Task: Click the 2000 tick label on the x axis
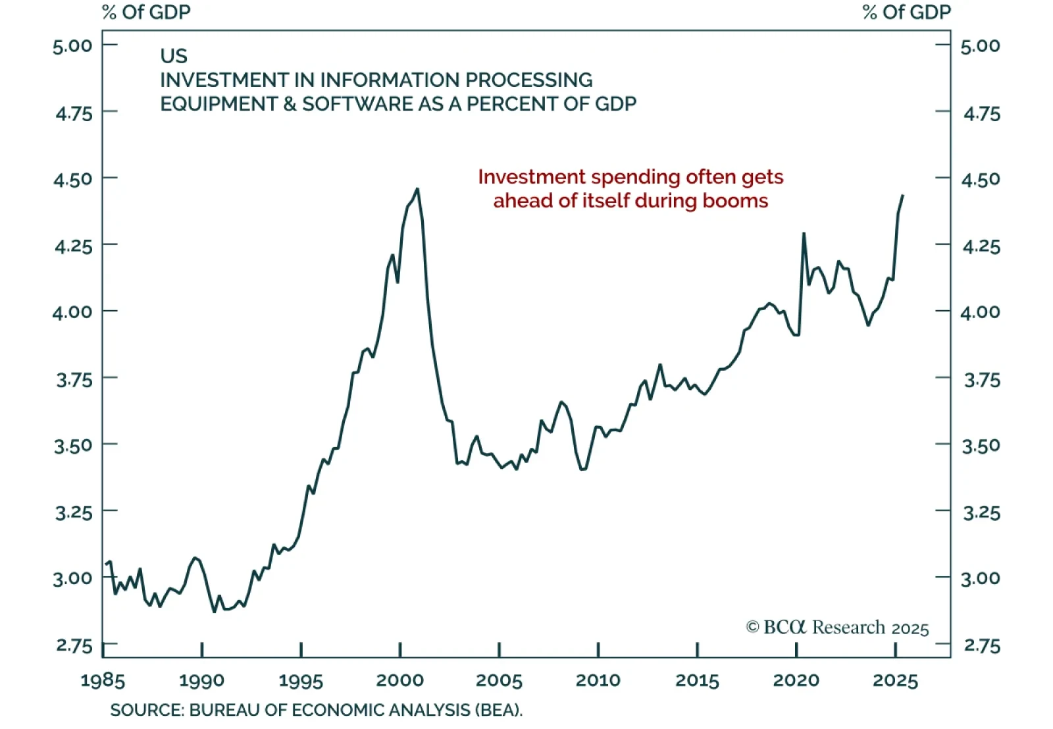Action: click(400, 680)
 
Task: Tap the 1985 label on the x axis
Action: click(103, 680)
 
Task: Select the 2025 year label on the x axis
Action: click(895, 680)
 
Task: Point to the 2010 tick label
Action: click(598, 680)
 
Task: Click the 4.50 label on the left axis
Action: click(74, 179)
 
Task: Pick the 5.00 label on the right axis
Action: click(981, 46)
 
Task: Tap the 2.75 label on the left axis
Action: click(74, 645)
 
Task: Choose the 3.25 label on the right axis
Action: click(981, 512)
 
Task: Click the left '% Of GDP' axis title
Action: click(146, 13)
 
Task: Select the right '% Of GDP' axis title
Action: click(906, 13)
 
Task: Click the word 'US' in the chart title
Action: click(174, 56)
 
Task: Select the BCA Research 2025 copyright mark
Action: click(837, 628)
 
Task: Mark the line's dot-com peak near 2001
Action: click(417, 189)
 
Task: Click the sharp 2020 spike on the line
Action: click(804, 233)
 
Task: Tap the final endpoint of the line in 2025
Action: click(902, 196)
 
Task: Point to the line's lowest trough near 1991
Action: click(215, 612)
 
